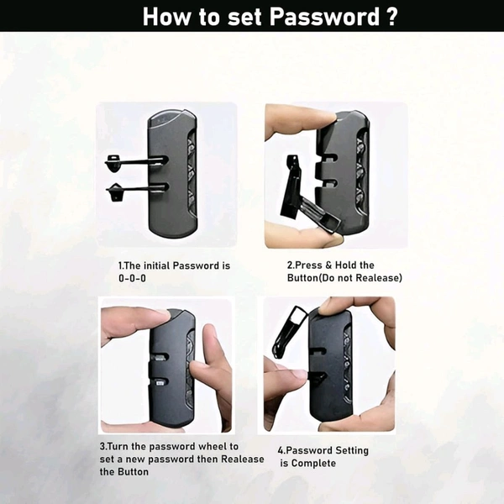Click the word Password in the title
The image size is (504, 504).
point(324,17)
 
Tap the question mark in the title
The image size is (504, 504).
point(391,17)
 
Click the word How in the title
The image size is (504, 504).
point(167,17)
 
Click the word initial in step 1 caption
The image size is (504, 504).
point(156,265)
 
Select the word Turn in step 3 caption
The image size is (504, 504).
point(117,447)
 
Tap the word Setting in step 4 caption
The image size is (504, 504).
point(351,451)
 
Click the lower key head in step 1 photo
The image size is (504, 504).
point(114,192)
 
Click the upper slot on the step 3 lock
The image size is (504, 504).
point(160,357)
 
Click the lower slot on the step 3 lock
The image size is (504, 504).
point(160,382)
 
